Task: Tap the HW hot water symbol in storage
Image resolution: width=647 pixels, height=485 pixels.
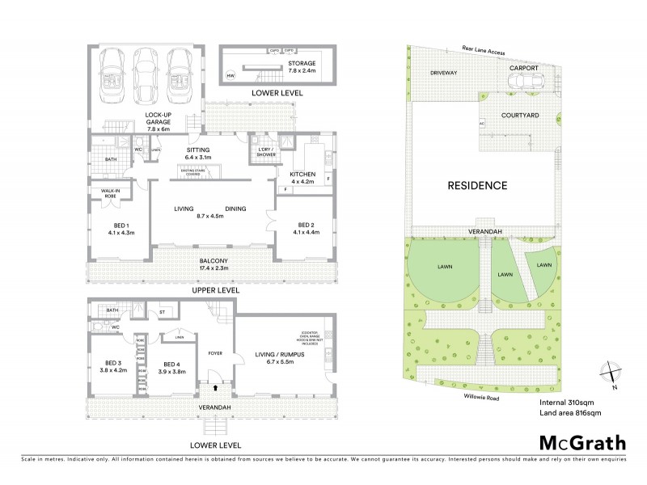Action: click(231, 76)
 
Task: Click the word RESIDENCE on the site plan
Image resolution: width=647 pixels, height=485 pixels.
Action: click(477, 186)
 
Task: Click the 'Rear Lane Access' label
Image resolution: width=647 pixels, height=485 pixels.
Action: click(482, 52)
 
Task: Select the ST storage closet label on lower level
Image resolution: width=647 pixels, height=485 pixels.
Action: click(162, 311)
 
